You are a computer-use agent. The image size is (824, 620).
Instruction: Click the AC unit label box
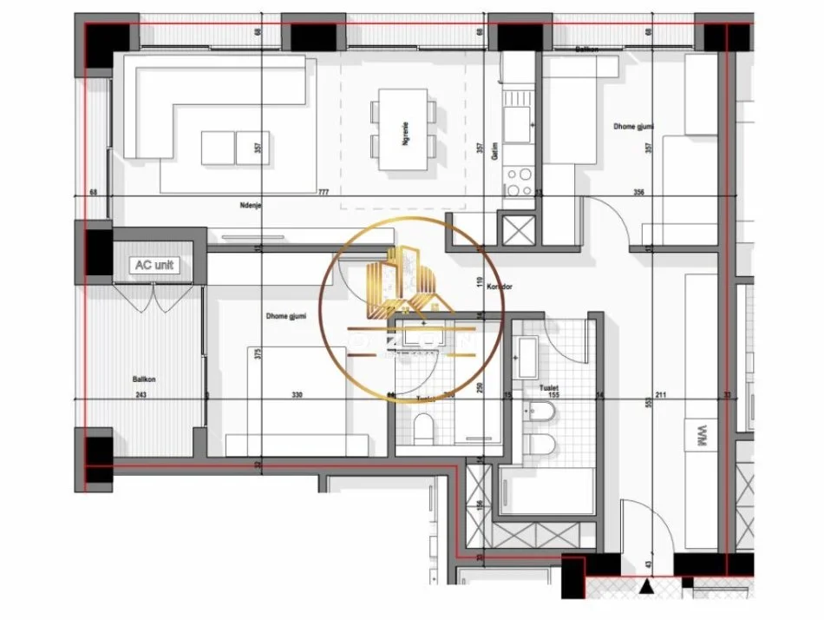(x=154, y=265)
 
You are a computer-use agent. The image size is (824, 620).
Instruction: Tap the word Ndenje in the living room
(x=252, y=206)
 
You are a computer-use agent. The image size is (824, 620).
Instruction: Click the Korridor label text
(x=501, y=286)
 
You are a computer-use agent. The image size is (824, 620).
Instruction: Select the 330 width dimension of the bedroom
(x=298, y=395)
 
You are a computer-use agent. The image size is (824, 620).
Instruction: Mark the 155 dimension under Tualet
(x=553, y=395)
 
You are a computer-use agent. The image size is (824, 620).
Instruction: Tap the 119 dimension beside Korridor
(x=479, y=280)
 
